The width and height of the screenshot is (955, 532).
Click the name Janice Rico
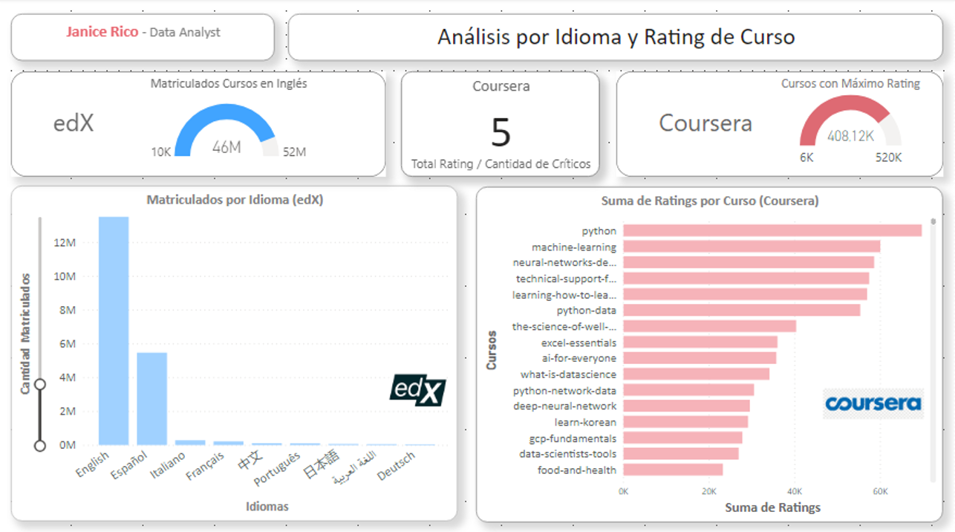pyautogui.click(x=102, y=33)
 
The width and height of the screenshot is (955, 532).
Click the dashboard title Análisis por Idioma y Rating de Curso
pyautogui.click(x=616, y=37)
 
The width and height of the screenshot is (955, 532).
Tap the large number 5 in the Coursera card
pyautogui.click(x=501, y=133)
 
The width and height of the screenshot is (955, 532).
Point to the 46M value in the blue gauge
pyautogui.click(x=226, y=147)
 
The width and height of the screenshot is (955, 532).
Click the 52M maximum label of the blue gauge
pyautogui.click(x=294, y=152)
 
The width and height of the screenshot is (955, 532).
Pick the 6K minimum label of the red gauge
pyautogui.click(x=807, y=158)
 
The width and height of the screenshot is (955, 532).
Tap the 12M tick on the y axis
pyautogui.click(x=65, y=243)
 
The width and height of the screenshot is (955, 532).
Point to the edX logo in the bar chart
pyautogui.click(x=417, y=391)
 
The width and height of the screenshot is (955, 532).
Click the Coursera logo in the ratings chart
pyautogui.click(x=873, y=403)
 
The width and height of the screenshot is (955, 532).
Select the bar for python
pyautogui.click(x=772, y=231)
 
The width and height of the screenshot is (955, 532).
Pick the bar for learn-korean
pyautogui.click(x=685, y=422)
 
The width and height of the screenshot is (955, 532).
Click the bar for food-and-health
pyautogui.click(x=672, y=470)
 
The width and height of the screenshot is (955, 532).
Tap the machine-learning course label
pyautogui.click(x=573, y=247)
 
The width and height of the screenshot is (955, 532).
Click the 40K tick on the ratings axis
pyautogui.click(x=794, y=491)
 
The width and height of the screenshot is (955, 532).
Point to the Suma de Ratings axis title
pyautogui.click(x=772, y=507)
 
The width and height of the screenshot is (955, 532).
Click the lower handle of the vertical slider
pyautogui.click(x=40, y=446)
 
